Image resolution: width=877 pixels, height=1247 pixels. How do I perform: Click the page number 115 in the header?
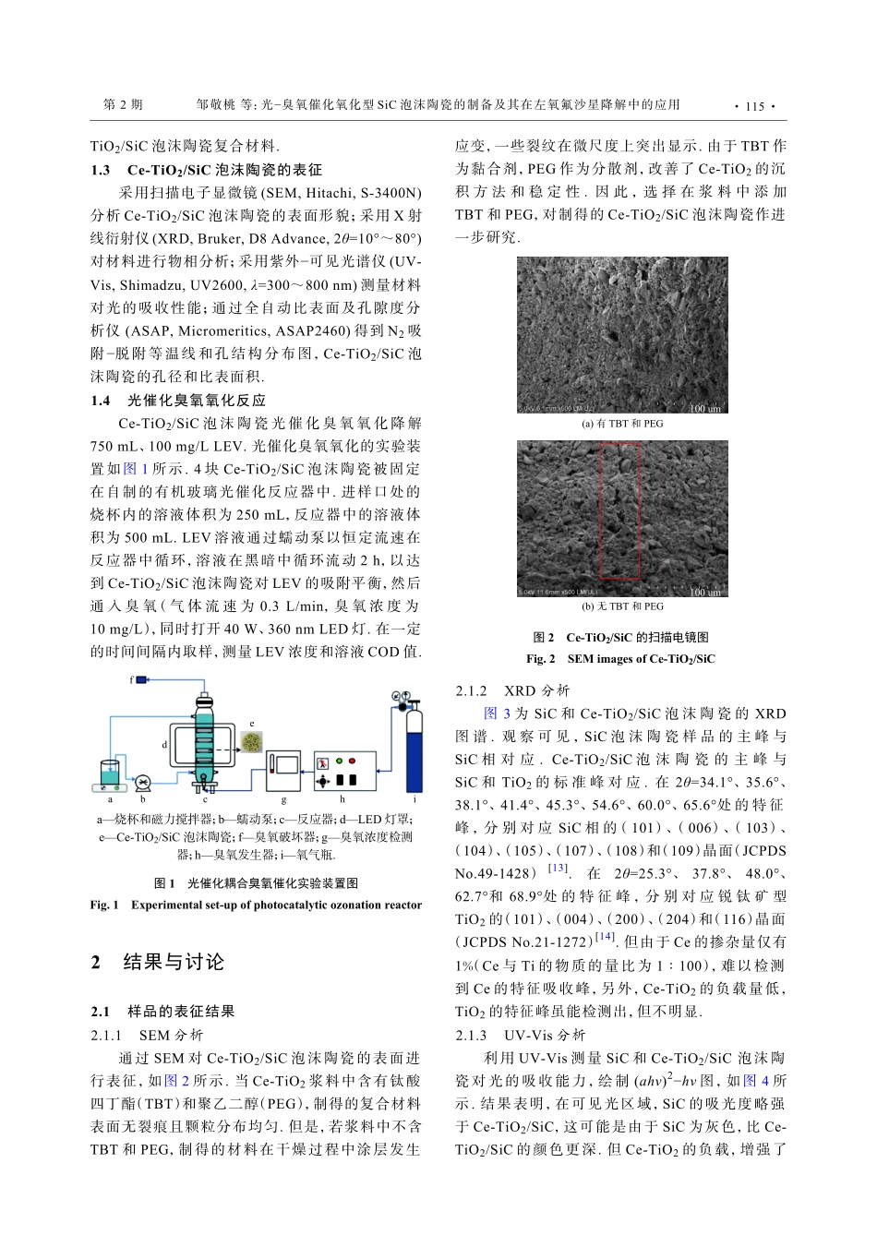(754, 106)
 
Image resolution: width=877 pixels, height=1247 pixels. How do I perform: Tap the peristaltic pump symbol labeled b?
(143, 783)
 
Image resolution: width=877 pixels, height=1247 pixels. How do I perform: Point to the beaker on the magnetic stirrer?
(110, 773)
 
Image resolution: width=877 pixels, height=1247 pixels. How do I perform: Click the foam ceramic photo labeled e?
(251, 741)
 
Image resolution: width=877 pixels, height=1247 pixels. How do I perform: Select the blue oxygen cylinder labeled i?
(414, 748)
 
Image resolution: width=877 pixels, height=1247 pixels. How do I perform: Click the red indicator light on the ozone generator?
(339, 761)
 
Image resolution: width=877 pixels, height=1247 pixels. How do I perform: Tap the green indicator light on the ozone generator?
(352, 761)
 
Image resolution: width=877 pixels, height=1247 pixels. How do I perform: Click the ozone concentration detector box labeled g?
(283, 771)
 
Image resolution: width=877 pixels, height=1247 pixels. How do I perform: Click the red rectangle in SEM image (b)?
(620, 510)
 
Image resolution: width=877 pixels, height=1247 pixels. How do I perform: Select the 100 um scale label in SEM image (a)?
(705, 409)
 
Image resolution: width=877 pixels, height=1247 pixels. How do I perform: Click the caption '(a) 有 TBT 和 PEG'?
(622, 424)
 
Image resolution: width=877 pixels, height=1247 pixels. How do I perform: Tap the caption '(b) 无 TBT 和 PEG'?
(622, 606)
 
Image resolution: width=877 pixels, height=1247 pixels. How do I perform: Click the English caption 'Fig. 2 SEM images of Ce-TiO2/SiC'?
(620, 659)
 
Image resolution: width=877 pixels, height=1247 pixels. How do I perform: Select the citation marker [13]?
(558, 868)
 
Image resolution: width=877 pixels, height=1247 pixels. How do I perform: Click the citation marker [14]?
(605, 937)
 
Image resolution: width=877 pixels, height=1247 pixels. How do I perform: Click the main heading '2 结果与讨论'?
(158, 962)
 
